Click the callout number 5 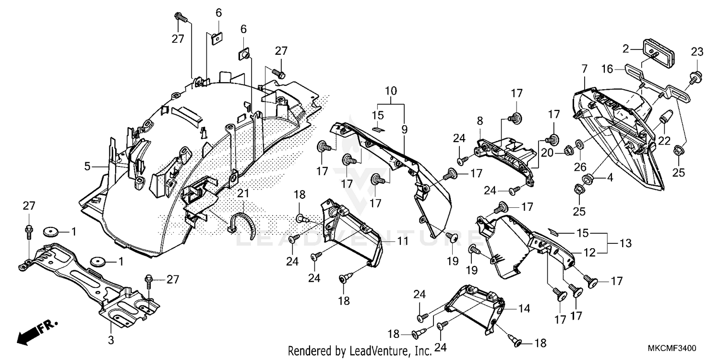pyautogui.click(x=87, y=167)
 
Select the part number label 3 pyautogui.click(x=111, y=340)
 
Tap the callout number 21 pyautogui.click(x=243, y=193)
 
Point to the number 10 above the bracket pyautogui.click(x=391, y=90)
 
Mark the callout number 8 pyautogui.click(x=480, y=122)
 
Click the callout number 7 pyautogui.click(x=584, y=69)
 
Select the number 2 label pyautogui.click(x=625, y=48)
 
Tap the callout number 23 pyautogui.click(x=697, y=52)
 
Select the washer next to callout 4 pyautogui.click(x=586, y=180)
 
